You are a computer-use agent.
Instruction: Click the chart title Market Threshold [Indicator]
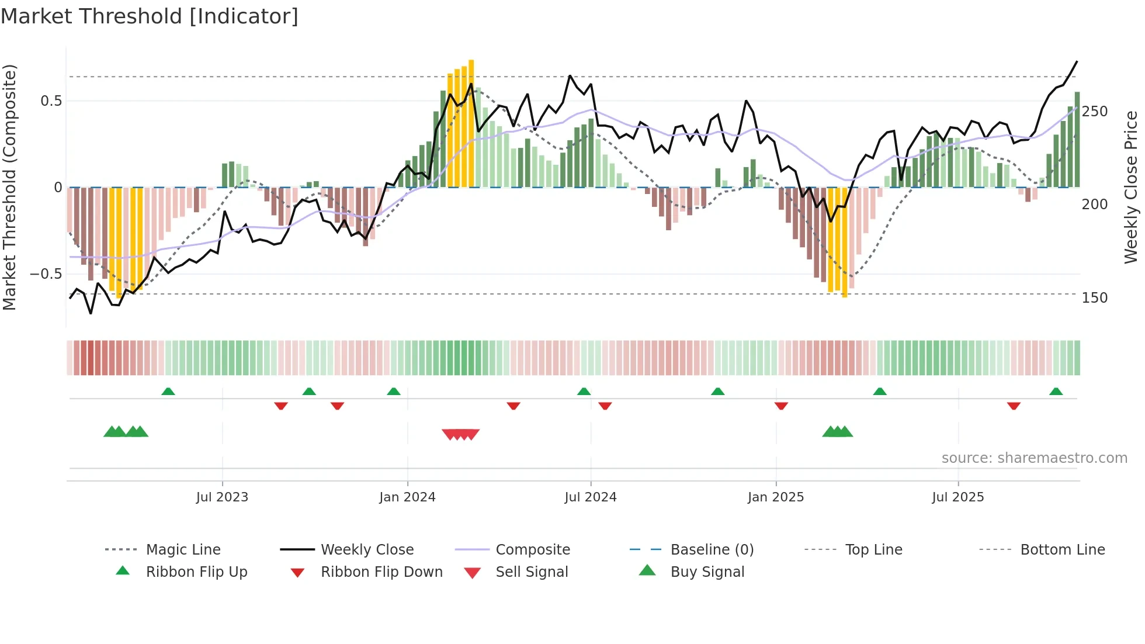click(x=150, y=16)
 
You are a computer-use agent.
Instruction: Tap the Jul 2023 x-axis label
click(x=222, y=497)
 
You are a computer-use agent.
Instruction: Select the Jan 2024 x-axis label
click(x=407, y=497)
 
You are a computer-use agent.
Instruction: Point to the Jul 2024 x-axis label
click(x=591, y=497)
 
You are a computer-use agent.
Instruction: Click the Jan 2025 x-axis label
click(x=776, y=497)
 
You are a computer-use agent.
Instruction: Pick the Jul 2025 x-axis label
click(x=958, y=497)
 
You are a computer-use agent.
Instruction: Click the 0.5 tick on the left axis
click(x=51, y=101)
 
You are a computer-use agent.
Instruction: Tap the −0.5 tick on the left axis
click(x=46, y=274)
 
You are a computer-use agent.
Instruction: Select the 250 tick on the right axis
click(x=1095, y=112)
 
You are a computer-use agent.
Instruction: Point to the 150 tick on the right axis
click(x=1095, y=298)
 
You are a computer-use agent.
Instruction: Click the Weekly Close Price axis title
click(x=1132, y=187)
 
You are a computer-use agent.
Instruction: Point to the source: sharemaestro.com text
click(x=1034, y=458)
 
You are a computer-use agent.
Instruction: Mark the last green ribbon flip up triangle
click(x=1056, y=392)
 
